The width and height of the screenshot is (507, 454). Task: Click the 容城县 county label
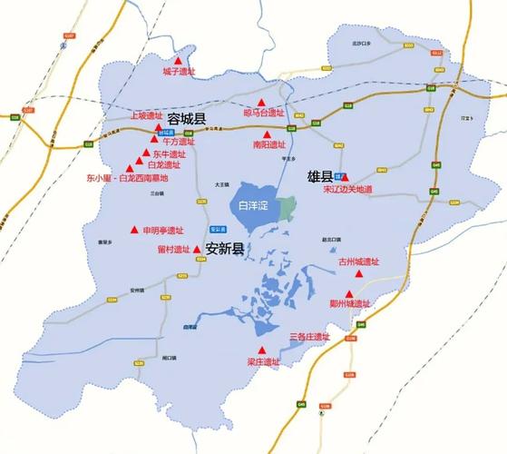[187, 119]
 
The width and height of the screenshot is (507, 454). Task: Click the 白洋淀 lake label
[254, 207]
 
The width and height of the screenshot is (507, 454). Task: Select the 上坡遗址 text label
[146, 116]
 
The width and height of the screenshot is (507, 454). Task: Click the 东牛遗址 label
[167, 154]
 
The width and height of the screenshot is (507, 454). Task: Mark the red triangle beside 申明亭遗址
[135, 230]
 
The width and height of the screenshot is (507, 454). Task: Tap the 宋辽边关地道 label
[347, 190]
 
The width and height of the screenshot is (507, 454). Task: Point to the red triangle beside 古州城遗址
[359, 273]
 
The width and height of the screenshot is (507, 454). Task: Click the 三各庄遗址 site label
[309, 337]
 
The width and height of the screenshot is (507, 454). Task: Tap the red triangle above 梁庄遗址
[263, 350]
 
